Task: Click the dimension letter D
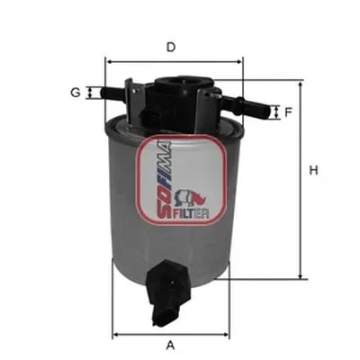point(171,48)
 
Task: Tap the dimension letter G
point(76,93)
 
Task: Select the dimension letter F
point(288,112)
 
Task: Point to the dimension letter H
point(313,171)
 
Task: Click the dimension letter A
point(170,345)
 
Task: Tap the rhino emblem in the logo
point(191,199)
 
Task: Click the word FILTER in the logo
point(191,213)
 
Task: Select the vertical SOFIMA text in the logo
point(165,179)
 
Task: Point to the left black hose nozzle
point(114,91)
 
